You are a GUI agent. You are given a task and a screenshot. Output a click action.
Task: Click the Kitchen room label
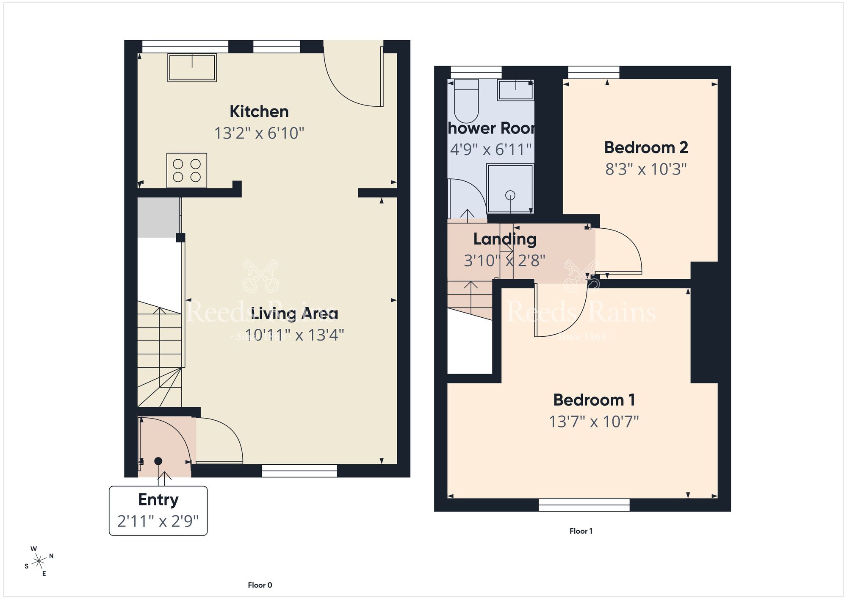click(259, 112)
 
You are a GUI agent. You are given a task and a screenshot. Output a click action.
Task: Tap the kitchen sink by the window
click(192, 67)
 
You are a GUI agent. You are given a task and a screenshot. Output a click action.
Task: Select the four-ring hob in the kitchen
click(187, 170)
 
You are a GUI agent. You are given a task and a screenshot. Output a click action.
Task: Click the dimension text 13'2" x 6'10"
click(259, 133)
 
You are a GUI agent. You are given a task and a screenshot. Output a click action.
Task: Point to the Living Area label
click(294, 313)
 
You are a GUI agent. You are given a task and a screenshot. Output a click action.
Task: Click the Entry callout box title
click(158, 499)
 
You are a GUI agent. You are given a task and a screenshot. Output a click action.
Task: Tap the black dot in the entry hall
click(158, 461)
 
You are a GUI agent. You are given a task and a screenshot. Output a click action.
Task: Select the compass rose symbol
click(39, 562)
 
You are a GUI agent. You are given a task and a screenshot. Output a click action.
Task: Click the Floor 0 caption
click(260, 585)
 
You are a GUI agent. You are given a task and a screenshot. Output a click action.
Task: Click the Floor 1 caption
click(581, 531)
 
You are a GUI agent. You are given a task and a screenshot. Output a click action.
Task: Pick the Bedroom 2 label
click(646, 147)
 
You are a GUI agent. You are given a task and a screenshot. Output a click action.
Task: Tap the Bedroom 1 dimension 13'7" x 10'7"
click(593, 422)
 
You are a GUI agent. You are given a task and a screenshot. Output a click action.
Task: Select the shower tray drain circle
click(510, 195)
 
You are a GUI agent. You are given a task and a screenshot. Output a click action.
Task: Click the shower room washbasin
click(515, 89)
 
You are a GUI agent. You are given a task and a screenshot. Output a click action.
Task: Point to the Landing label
click(505, 239)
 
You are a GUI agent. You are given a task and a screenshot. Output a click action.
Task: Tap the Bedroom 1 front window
click(584, 505)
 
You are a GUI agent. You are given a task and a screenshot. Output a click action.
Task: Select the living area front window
click(299, 471)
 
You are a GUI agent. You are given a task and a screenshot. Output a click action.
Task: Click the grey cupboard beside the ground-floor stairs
click(158, 217)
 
